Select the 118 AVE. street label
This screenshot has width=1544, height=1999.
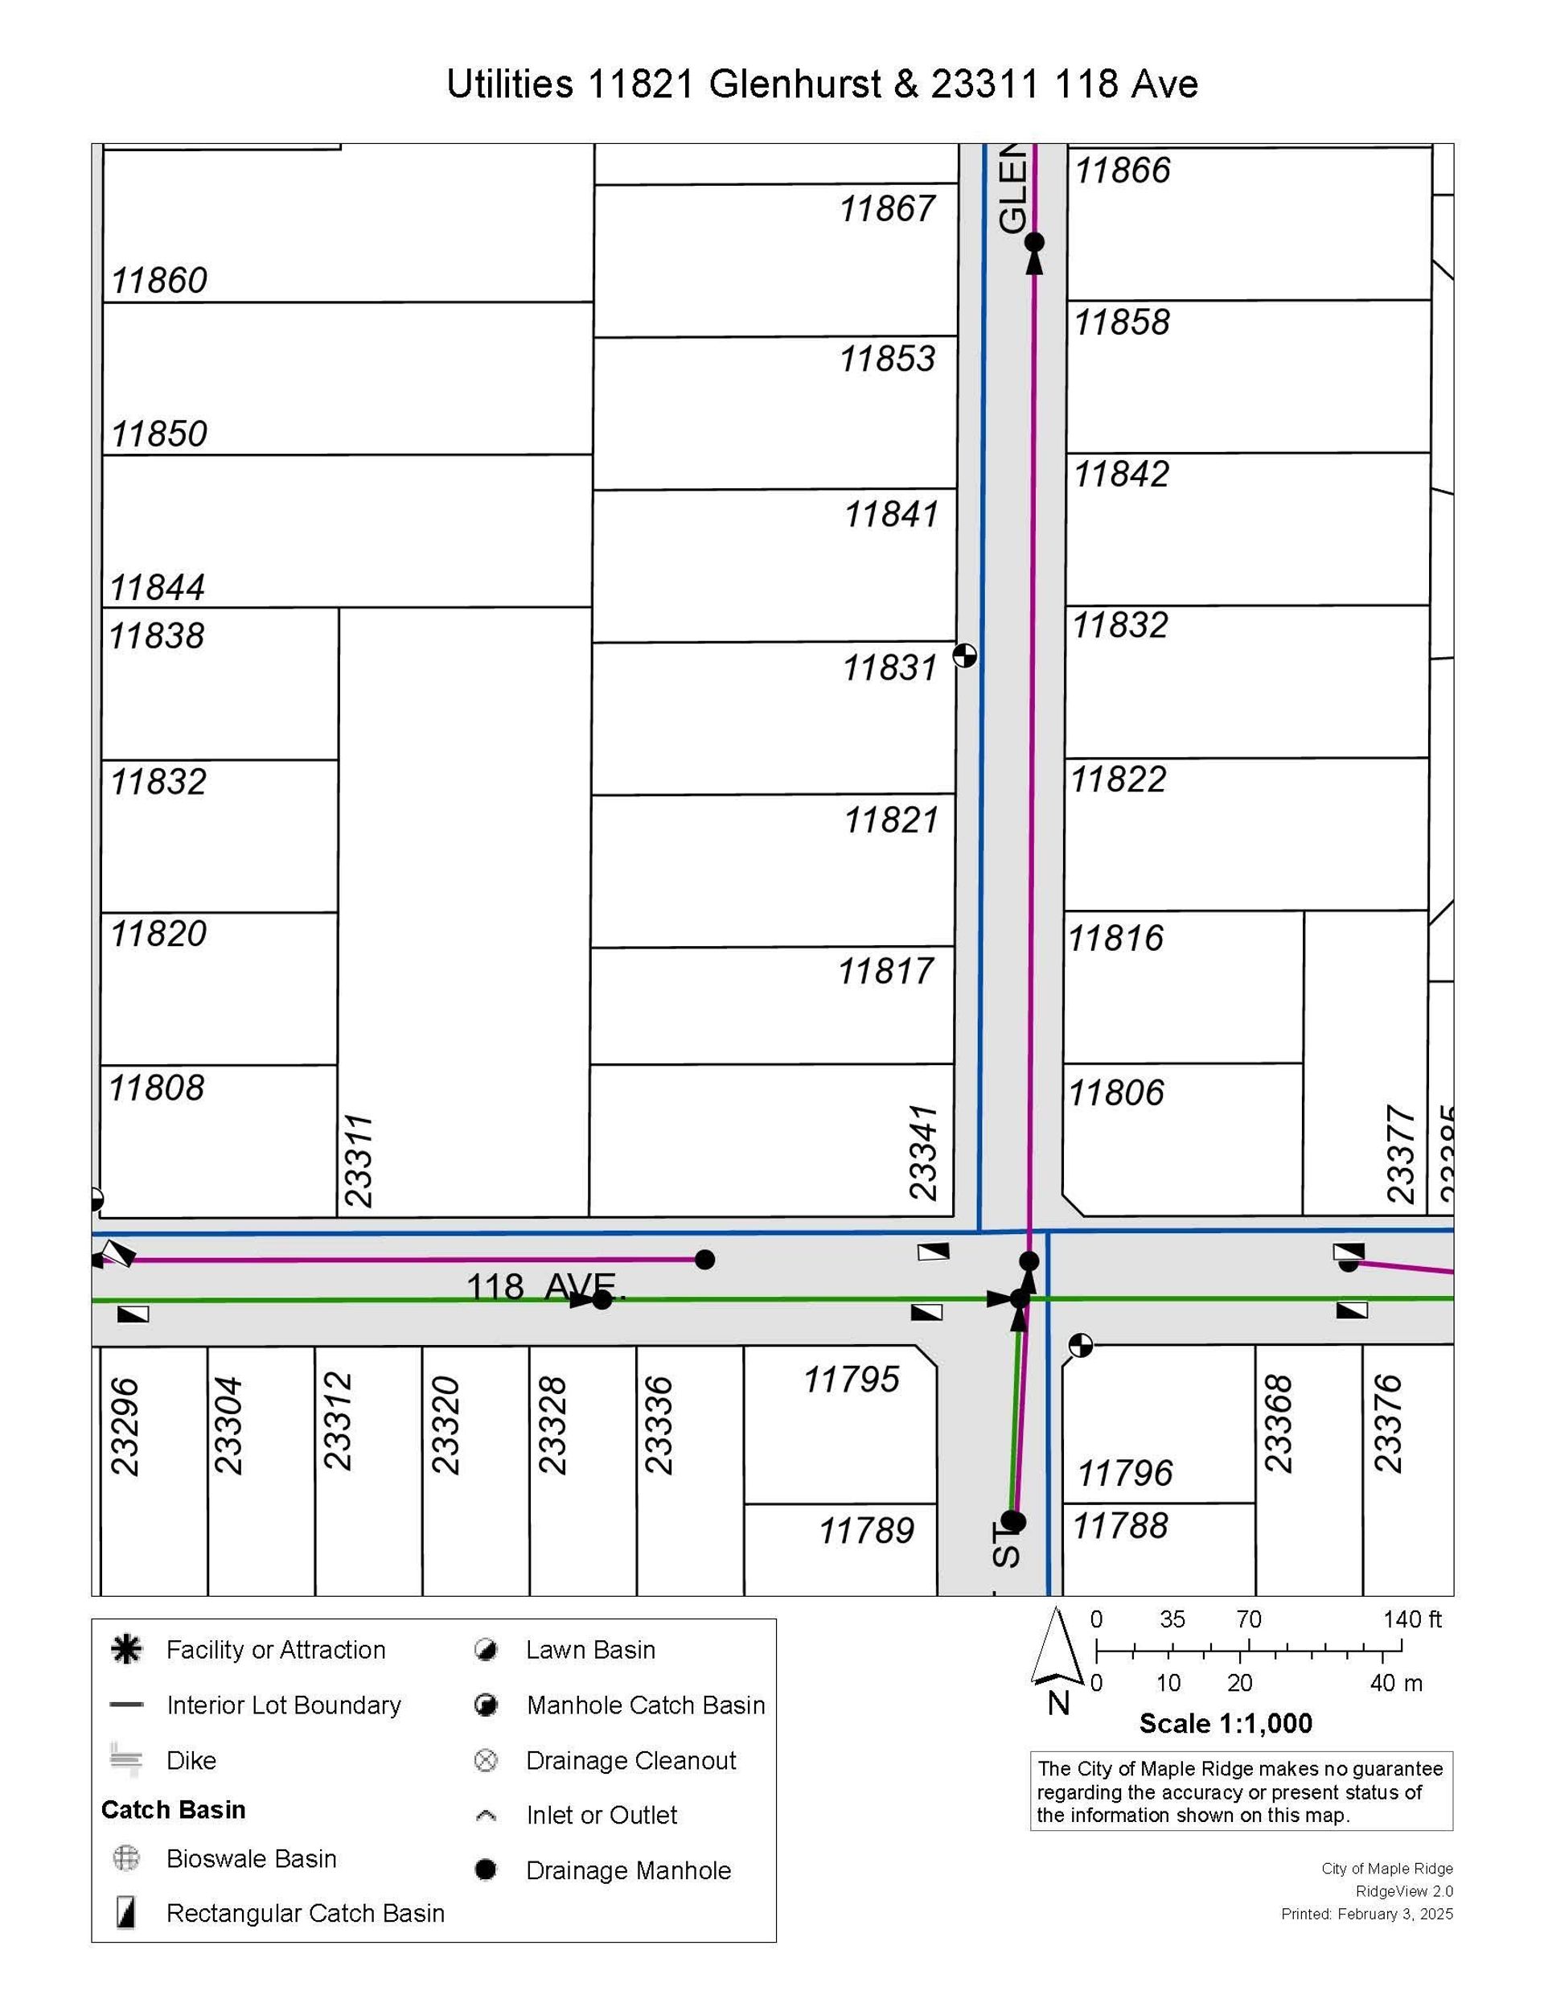pyautogui.click(x=546, y=1286)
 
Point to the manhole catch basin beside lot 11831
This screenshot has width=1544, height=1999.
pyautogui.click(x=965, y=656)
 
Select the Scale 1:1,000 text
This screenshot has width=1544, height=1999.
pyautogui.click(x=1225, y=1724)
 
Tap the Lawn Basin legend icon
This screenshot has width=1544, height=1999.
pyautogui.click(x=486, y=1650)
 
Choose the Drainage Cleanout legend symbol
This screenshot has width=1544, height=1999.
pyautogui.click(x=486, y=1760)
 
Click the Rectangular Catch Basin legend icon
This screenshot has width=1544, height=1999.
pyautogui.click(x=126, y=1913)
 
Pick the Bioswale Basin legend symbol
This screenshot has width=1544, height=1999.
pyautogui.click(x=125, y=1858)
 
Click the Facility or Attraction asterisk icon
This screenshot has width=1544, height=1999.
pyautogui.click(x=126, y=1649)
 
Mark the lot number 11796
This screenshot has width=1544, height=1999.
pyautogui.click(x=1124, y=1474)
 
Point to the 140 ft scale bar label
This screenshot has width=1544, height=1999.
pyautogui.click(x=1411, y=1619)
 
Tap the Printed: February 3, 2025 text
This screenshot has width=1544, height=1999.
pyautogui.click(x=1366, y=1914)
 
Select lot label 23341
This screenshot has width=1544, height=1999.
pyautogui.click(x=923, y=1153)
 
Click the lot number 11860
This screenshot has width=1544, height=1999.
pyautogui.click(x=159, y=280)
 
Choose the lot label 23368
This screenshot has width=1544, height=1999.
pyautogui.click(x=1278, y=1423)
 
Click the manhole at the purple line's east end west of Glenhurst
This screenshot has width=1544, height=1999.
pyautogui.click(x=704, y=1260)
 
